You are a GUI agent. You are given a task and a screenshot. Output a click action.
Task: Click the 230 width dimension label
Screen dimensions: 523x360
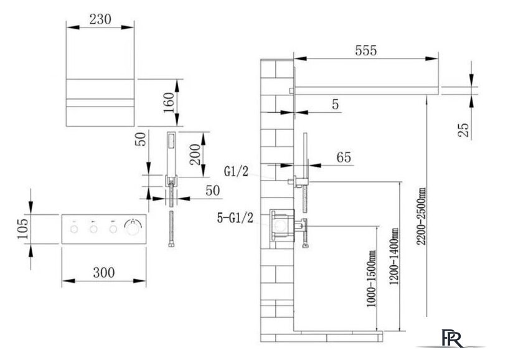pyautogui.click(x=100, y=19)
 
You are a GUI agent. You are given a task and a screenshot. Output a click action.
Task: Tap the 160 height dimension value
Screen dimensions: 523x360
pyautogui.click(x=169, y=103)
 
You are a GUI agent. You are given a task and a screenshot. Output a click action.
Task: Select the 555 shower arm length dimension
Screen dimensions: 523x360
pyautogui.click(x=366, y=50)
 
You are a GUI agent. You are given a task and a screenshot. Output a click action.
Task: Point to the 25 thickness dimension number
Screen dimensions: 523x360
pyautogui.click(x=463, y=130)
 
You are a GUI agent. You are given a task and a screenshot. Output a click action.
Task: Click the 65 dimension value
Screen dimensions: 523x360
pyautogui.click(x=344, y=157)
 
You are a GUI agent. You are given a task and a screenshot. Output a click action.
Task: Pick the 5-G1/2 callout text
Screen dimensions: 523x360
pyautogui.click(x=235, y=218)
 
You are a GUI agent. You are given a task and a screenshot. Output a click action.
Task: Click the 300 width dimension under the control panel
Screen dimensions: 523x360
pyautogui.click(x=104, y=273)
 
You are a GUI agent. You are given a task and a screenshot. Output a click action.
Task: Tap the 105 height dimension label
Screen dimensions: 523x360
pyautogui.click(x=23, y=229)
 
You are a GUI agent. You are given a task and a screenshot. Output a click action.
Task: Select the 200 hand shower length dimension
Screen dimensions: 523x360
pyautogui.click(x=195, y=154)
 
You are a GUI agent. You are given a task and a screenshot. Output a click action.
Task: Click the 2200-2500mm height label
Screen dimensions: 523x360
pyautogui.click(x=422, y=216)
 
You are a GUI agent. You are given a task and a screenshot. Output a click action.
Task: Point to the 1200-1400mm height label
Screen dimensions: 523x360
pyautogui.click(x=394, y=256)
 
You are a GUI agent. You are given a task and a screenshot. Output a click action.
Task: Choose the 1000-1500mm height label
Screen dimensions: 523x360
pyautogui.click(x=371, y=278)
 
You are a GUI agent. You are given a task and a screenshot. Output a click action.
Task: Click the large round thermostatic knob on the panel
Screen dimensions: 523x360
pyautogui.click(x=133, y=227)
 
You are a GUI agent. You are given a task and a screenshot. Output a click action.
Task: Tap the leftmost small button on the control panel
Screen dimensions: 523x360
pyautogui.click(x=74, y=229)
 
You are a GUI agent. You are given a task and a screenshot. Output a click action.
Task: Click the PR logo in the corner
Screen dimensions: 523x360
pyautogui.click(x=453, y=338)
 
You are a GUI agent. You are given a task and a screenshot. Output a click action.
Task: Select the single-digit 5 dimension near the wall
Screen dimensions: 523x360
pyautogui.click(x=335, y=105)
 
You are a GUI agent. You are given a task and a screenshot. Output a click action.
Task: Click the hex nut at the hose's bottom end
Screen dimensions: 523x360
pyautogui.click(x=171, y=245)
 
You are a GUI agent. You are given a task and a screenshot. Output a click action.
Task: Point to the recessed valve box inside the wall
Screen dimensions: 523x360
pyautogui.click(x=282, y=225)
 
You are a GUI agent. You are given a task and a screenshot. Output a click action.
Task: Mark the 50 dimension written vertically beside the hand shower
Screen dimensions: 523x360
pyautogui.click(x=141, y=139)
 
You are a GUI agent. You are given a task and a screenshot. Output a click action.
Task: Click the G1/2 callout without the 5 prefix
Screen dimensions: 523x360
pyautogui.click(x=237, y=172)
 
